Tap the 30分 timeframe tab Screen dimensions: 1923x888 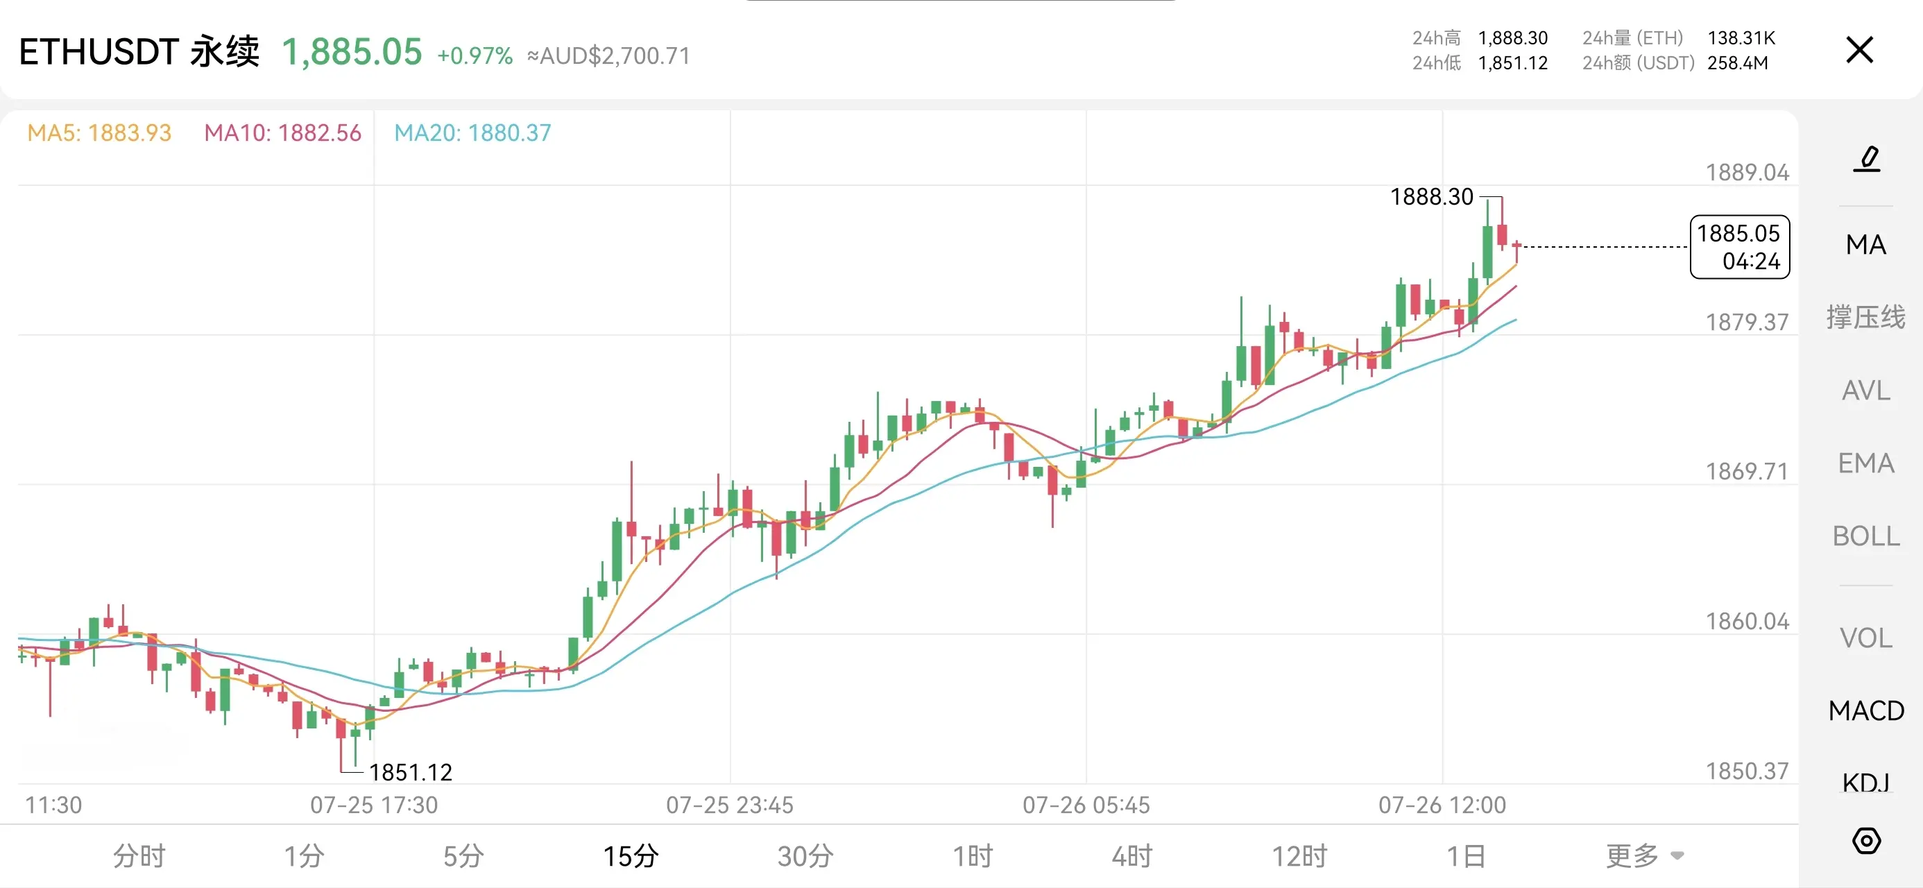[805, 856]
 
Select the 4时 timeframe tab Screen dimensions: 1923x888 [1131, 856]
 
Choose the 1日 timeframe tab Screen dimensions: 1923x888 [1465, 856]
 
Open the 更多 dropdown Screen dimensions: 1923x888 [1645, 856]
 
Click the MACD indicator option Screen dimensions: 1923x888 [1865, 710]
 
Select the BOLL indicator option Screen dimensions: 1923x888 [1865, 536]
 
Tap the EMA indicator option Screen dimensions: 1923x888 [1865, 463]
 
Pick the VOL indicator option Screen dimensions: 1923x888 [1865, 638]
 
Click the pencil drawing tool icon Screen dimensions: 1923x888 [1867, 159]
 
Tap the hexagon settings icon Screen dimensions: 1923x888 [1866, 841]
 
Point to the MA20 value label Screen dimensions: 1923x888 [472, 133]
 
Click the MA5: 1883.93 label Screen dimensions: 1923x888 [99, 133]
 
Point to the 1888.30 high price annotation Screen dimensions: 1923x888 [1431, 196]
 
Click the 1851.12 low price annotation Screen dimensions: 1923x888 [411, 772]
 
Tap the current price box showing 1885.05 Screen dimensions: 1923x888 [1739, 247]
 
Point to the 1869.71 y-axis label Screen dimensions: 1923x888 [1747, 471]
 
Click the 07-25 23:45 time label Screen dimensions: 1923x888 [729, 805]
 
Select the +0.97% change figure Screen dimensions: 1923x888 [475, 56]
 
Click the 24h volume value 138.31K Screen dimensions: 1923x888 [1741, 38]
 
